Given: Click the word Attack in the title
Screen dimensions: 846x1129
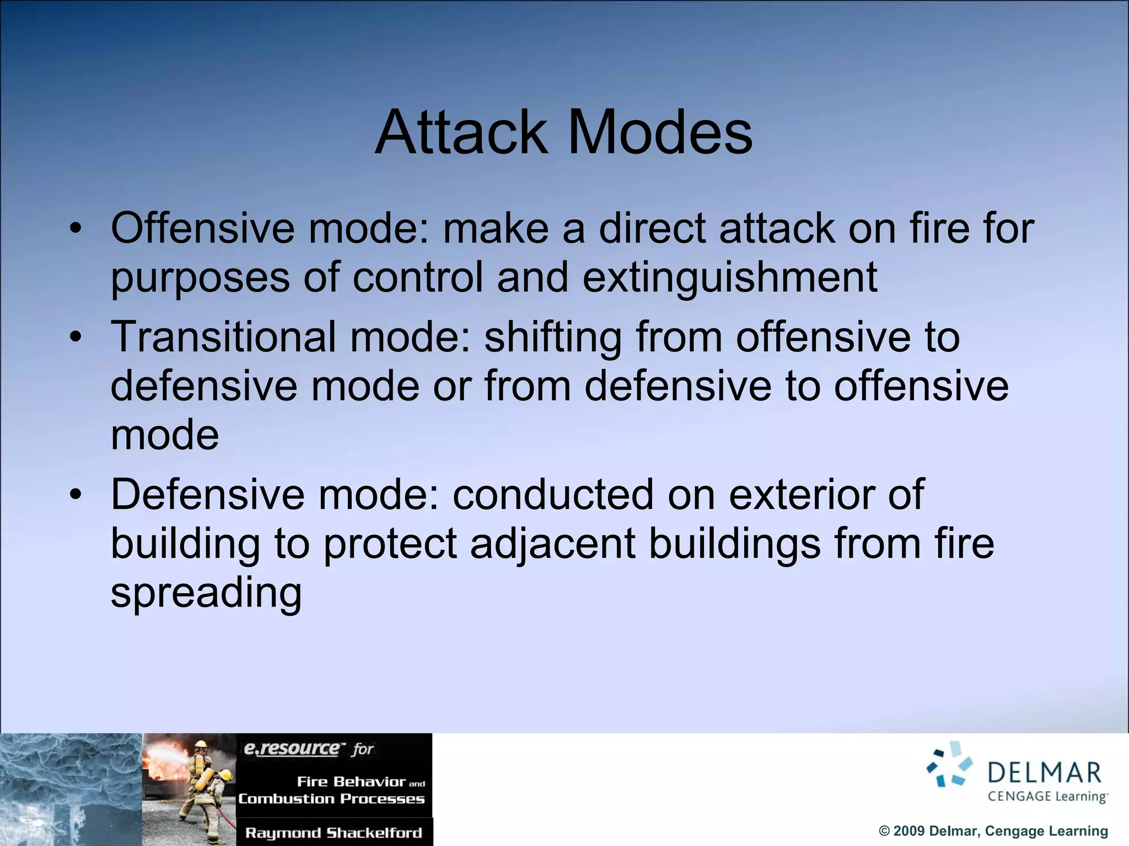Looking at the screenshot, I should (x=461, y=133).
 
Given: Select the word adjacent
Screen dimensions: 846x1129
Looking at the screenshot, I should (x=553, y=544).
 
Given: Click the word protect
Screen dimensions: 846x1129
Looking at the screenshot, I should (x=390, y=544).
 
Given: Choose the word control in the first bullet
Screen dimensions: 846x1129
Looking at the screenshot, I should (x=418, y=277).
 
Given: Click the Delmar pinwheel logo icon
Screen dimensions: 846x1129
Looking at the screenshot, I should (x=949, y=764).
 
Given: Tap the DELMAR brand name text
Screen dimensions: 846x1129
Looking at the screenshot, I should (x=1044, y=772).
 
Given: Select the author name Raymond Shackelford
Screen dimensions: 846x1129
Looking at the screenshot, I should (x=334, y=833).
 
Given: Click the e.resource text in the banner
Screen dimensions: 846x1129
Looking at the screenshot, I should (x=292, y=749).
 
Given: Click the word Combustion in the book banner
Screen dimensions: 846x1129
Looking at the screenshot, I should (x=286, y=799).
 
